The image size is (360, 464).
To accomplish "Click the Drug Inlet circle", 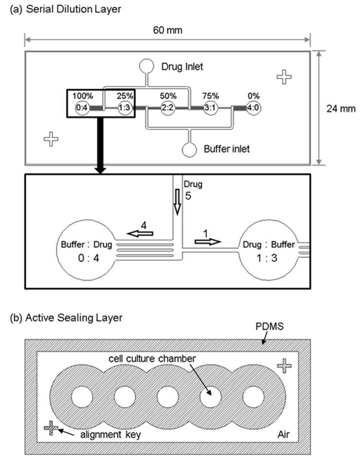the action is click(x=146, y=66).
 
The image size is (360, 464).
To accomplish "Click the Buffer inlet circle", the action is click(x=189, y=150).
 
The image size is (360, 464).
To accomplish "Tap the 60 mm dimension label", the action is click(x=167, y=30).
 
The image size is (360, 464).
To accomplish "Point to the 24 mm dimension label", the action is click(x=341, y=109).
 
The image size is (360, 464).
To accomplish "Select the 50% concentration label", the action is click(x=168, y=96).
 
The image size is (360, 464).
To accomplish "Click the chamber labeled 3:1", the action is click(x=210, y=108).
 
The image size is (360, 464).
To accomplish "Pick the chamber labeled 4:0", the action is click(x=253, y=108).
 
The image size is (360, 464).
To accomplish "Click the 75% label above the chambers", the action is click(x=211, y=96).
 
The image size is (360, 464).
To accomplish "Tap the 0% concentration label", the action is click(x=253, y=96).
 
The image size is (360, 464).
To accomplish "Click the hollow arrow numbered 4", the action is click(x=140, y=234).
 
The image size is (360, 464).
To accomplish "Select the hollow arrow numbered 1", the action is click(x=208, y=242).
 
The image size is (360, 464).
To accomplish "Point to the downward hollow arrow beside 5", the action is click(x=178, y=202).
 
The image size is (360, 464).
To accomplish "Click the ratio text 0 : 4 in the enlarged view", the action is click(x=89, y=258).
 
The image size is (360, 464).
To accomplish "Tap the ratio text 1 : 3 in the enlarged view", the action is click(x=267, y=258).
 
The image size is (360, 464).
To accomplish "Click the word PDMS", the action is click(x=270, y=327).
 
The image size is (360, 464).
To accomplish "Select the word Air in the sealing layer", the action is click(x=284, y=434).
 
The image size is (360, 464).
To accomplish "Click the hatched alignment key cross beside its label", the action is click(x=51, y=428).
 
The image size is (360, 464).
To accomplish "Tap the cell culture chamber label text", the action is click(x=152, y=359).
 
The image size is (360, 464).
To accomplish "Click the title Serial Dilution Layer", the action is click(x=73, y=9).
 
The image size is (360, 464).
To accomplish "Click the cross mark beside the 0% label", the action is click(x=284, y=77).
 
